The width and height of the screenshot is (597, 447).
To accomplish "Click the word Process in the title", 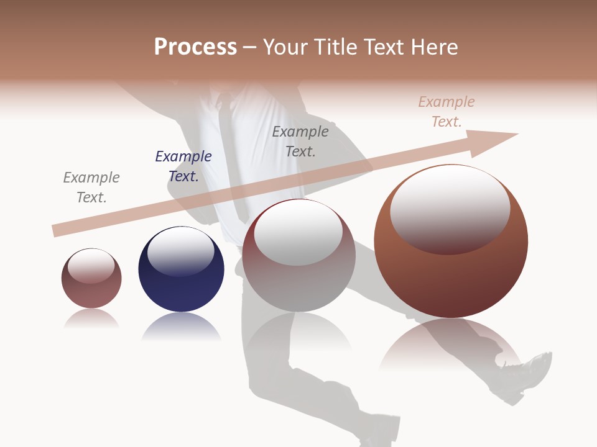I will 195,47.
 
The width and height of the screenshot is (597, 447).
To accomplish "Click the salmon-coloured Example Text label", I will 446,112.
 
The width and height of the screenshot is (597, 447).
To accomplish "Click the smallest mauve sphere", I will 91,289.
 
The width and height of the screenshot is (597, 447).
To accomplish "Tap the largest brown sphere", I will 451,279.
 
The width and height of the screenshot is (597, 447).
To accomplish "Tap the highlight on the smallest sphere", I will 91,266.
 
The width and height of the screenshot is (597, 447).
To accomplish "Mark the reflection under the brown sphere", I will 451,345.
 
